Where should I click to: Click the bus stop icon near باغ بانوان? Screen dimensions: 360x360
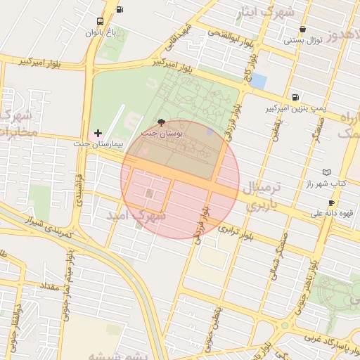tap(100, 22)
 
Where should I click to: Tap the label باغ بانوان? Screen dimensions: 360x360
tap(99, 33)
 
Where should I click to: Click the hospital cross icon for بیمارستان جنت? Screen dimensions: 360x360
tap(98, 133)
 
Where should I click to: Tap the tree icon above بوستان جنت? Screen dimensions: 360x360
tap(162, 122)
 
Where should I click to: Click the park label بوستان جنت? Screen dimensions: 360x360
tap(162, 132)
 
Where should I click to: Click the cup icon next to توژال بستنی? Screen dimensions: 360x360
tap(303, 30)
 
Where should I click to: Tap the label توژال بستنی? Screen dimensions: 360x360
tap(303, 40)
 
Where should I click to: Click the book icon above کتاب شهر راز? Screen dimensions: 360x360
tap(326, 172)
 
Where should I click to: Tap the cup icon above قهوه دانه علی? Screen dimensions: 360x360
tap(331, 202)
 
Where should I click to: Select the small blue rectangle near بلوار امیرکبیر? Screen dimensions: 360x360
tap(258, 81)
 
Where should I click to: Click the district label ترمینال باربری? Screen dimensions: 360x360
tap(262, 197)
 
